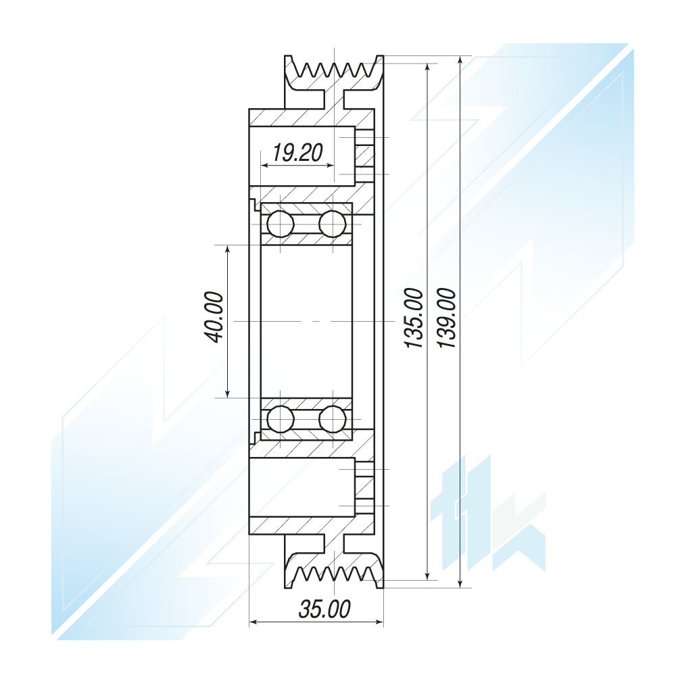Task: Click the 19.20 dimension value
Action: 297,153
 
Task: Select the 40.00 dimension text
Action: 215,318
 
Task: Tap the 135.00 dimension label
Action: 413,318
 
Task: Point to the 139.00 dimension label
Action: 445,318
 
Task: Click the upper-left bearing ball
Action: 281,224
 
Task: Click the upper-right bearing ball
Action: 333,224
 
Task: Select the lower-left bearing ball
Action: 281,418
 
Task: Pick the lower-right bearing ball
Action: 333,418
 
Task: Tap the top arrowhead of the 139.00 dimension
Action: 460,60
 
